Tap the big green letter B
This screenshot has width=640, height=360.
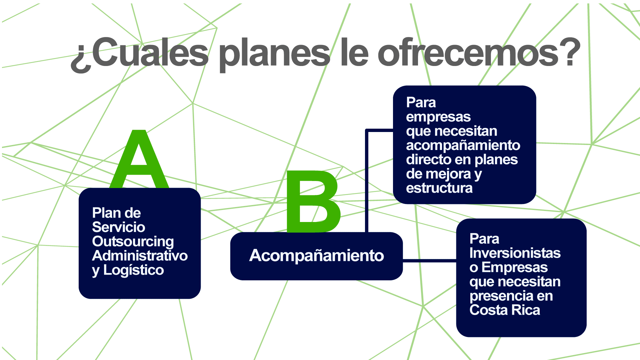pyautogui.click(x=313, y=201)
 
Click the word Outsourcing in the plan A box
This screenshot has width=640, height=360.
pyautogui.click(x=133, y=242)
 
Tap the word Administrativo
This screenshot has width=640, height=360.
pyautogui.click(x=140, y=256)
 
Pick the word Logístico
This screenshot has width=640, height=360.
pyautogui.click(x=134, y=270)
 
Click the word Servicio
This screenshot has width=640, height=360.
pyautogui.click(x=119, y=227)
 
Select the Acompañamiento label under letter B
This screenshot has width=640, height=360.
pyautogui.click(x=317, y=256)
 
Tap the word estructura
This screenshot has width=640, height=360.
pyautogui.click(x=439, y=188)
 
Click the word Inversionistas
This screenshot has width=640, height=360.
pyautogui.click(x=515, y=253)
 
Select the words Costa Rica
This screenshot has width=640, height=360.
pyautogui.click(x=505, y=310)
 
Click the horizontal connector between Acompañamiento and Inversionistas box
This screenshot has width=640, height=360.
pyautogui.click(x=430, y=260)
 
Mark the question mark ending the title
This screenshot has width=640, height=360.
pyautogui.click(x=570, y=52)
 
